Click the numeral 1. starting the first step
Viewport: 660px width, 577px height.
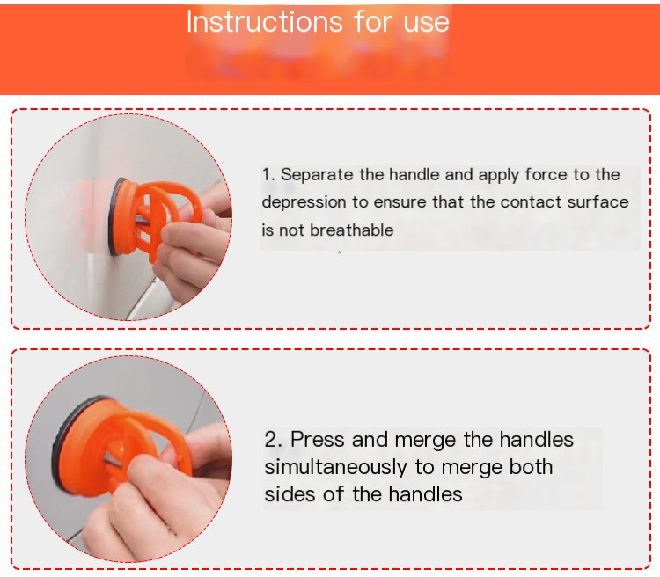pyautogui.click(x=268, y=175)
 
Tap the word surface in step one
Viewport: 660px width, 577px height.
pyautogui.click(x=598, y=202)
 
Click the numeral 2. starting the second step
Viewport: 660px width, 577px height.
pyautogui.click(x=274, y=439)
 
